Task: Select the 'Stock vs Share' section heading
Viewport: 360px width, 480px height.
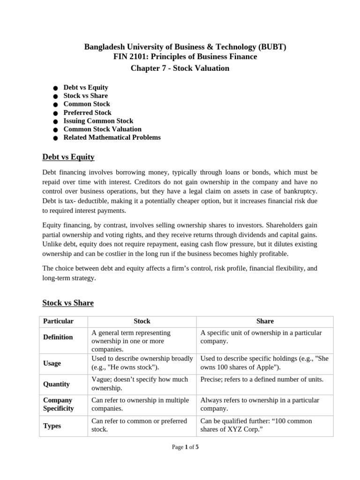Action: [68, 303]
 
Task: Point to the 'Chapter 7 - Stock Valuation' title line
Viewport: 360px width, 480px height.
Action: [180, 68]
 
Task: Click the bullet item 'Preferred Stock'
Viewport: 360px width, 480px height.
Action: [88, 112]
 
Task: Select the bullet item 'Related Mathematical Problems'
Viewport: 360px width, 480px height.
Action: [112, 137]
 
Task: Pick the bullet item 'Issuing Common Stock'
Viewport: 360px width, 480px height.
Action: [98, 121]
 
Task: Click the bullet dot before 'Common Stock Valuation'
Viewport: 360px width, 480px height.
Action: [55, 130]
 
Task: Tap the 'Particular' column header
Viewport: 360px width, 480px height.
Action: [59, 321]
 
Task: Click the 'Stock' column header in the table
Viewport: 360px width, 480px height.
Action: [142, 321]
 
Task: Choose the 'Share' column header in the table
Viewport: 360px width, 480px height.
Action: [265, 321]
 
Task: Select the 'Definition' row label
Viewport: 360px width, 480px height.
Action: [58, 337]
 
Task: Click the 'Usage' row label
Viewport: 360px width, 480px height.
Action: [52, 363]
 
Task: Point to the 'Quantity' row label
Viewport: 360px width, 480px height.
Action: [56, 384]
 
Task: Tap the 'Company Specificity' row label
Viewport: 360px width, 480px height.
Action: [59, 405]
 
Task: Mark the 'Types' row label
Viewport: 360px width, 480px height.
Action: [52, 426]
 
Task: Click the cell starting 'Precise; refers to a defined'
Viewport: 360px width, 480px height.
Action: [262, 379]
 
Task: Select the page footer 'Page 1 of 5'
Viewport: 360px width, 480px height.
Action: [185, 447]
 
